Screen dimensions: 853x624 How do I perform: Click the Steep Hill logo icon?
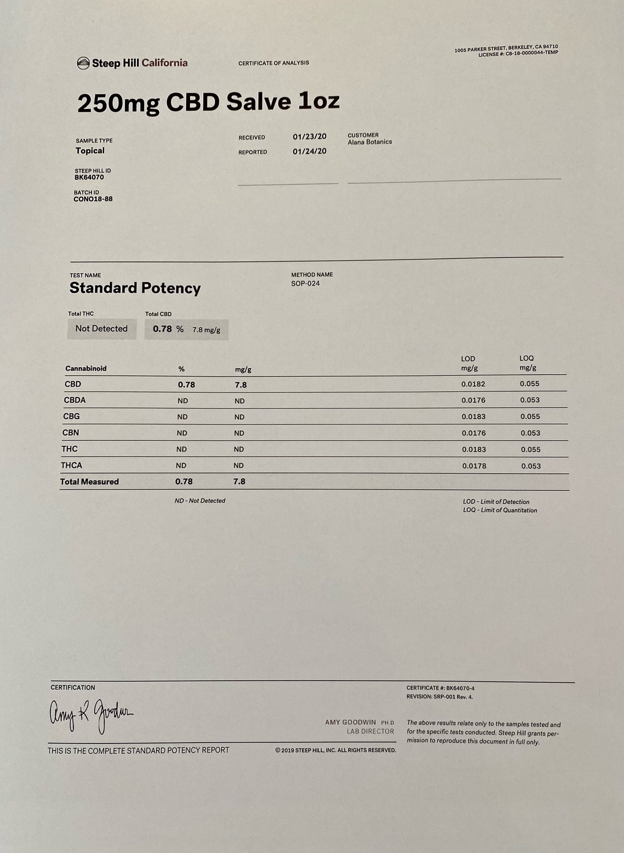(83, 63)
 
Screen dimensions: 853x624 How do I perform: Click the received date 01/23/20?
(309, 137)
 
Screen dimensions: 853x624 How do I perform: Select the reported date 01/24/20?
(309, 152)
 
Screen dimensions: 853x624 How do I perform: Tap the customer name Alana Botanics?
(370, 142)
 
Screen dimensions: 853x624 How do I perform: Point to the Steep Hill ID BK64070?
(89, 178)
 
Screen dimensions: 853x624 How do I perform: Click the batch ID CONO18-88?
(93, 199)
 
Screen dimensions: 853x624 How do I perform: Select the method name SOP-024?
(305, 283)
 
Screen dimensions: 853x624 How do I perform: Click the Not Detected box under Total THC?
(101, 329)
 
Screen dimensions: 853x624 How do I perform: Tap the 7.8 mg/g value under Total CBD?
(206, 330)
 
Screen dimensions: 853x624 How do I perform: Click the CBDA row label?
(75, 400)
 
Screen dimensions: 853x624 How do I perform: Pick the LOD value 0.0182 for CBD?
(473, 384)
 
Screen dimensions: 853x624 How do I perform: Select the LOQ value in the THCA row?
(531, 466)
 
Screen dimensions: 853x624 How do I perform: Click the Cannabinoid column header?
(86, 369)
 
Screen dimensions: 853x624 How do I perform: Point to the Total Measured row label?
(89, 482)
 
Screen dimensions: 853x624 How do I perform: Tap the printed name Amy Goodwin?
(351, 722)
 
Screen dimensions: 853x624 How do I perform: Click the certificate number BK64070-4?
(460, 688)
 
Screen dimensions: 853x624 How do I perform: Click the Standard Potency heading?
(135, 288)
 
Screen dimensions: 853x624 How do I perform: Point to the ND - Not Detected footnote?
(200, 501)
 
